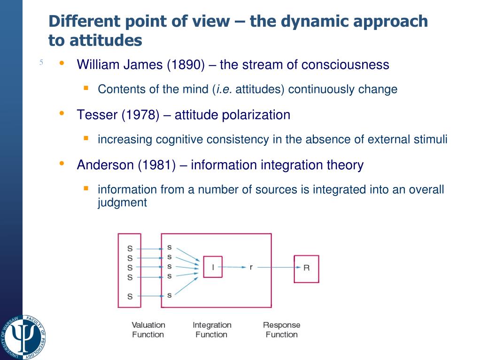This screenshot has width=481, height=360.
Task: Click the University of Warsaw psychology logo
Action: (23, 337)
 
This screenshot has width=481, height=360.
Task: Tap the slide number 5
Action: (41, 62)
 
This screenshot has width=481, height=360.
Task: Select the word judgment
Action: (122, 202)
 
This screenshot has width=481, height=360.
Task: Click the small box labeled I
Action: (212, 267)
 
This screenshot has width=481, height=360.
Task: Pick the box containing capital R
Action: (306, 269)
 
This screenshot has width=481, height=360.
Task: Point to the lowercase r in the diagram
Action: (251, 267)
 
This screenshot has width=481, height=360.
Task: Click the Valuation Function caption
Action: (148, 330)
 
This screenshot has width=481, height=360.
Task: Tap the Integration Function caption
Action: (212, 330)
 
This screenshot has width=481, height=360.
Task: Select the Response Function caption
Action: (281, 330)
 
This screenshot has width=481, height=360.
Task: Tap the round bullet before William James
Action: (62, 63)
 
